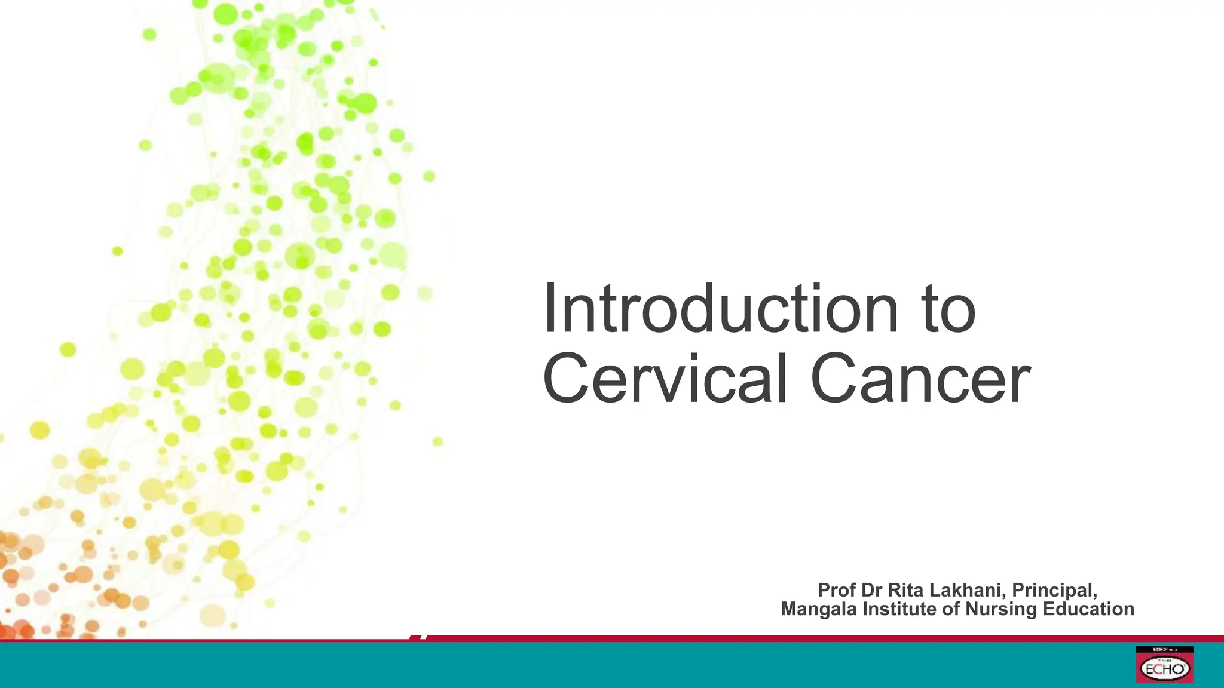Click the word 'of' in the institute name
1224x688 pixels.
[951, 609]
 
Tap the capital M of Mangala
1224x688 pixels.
[790, 609]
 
